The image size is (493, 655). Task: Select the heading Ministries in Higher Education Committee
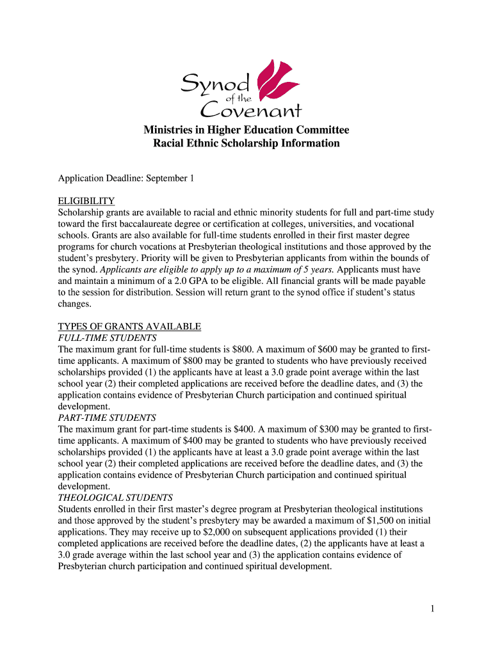(x=246, y=130)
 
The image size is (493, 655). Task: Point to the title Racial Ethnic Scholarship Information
(x=246, y=143)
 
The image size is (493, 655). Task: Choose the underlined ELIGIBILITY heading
(x=86, y=201)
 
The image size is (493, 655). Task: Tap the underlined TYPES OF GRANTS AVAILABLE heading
(x=129, y=326)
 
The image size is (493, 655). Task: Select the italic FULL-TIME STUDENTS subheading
(x=107, y=338)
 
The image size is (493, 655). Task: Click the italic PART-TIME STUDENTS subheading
(x=107, y=418)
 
